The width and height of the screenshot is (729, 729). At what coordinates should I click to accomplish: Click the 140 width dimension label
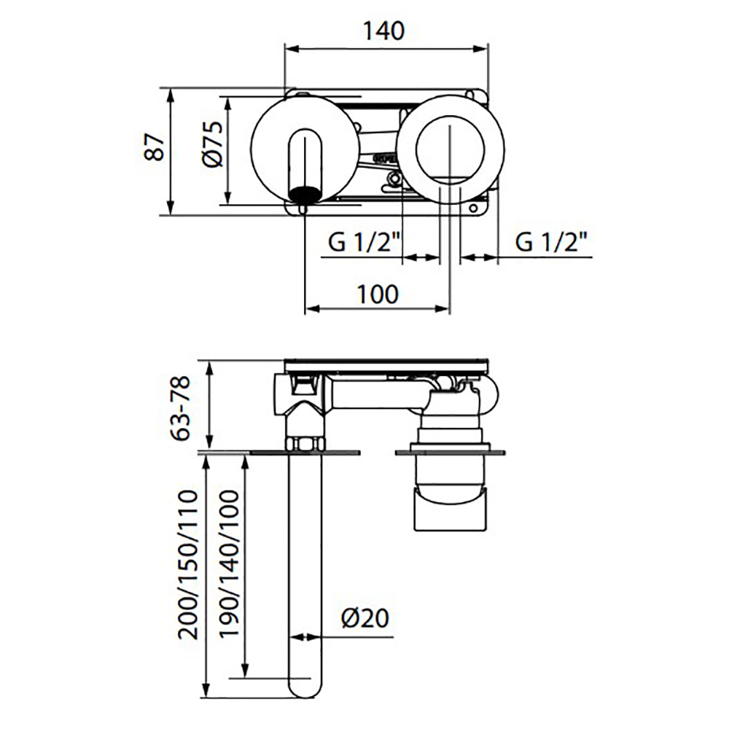tap(383, 31)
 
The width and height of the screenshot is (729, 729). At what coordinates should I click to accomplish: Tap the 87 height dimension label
tap(155, 147)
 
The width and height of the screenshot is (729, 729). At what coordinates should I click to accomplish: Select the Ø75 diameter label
tap(213, 144)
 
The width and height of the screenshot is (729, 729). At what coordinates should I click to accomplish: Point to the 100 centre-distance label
tap(378, 295)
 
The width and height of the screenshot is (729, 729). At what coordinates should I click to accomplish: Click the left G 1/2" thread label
tap(364, 242)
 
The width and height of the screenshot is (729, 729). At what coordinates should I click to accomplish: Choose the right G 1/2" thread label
tap(551, 242)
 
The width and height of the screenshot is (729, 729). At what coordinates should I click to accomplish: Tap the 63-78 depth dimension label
tap(180, 408)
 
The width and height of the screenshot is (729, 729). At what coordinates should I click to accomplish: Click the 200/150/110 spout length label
tap(188, 564)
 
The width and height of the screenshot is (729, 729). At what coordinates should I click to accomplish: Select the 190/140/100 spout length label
tap(229, 564)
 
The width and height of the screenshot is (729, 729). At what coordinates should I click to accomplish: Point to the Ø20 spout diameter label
tap(365, 618)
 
